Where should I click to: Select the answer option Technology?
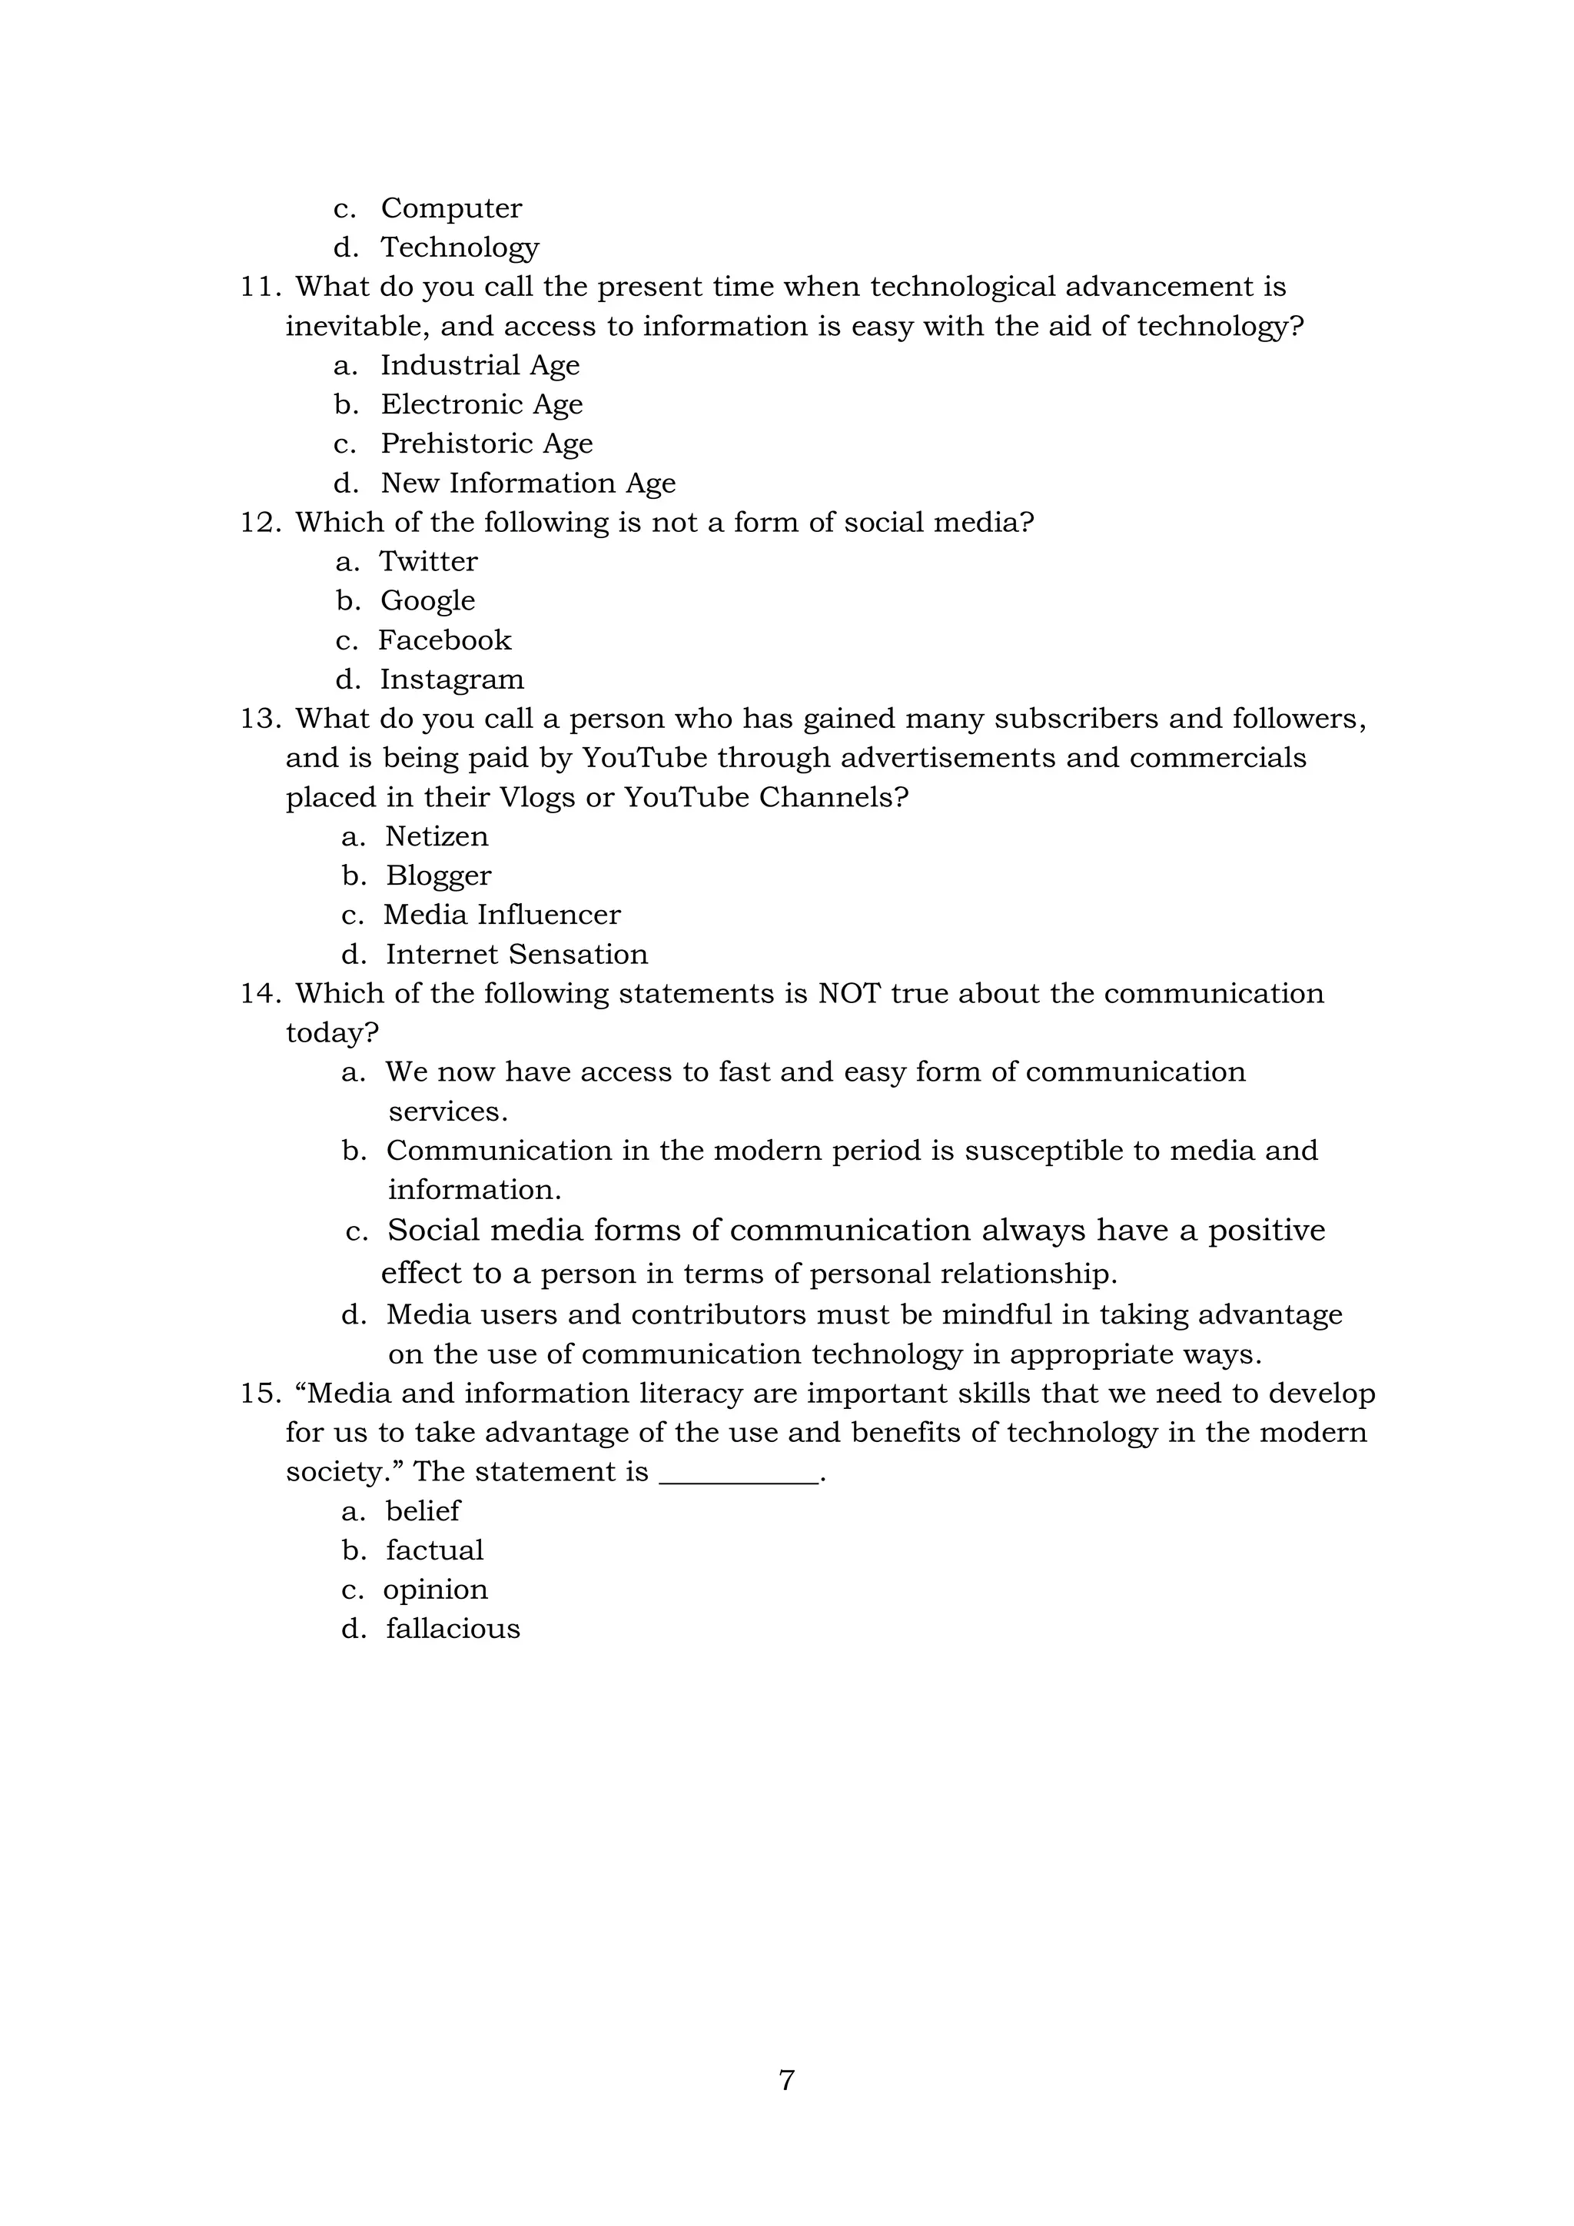[460, 248]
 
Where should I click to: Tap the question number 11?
[260, 287]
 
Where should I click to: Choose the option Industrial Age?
[480, 366]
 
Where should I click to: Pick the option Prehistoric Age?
[486, 444]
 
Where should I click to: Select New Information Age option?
[527, 483]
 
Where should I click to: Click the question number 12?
[260, 523]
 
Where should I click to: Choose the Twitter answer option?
[427, 561]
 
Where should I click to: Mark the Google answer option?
[427, 601]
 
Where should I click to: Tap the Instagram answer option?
[452, 679]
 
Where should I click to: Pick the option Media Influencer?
[501, 915]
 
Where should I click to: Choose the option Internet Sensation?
[516, 955]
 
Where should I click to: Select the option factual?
[434, 1550]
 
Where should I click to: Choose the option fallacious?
[453, 1629]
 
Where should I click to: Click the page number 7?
[787, 2080]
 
